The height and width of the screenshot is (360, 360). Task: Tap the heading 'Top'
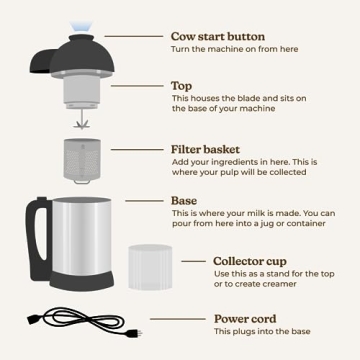click(182, 86)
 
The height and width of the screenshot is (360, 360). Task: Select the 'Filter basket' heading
click(207, 149)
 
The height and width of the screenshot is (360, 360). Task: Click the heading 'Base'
click(184, 199)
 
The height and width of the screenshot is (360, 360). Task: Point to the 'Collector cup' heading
click(251, 261)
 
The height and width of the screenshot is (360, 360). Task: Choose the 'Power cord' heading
click(244, 319)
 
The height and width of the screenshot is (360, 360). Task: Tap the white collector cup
click(151, 265)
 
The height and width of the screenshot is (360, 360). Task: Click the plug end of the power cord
click(132, 332)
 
